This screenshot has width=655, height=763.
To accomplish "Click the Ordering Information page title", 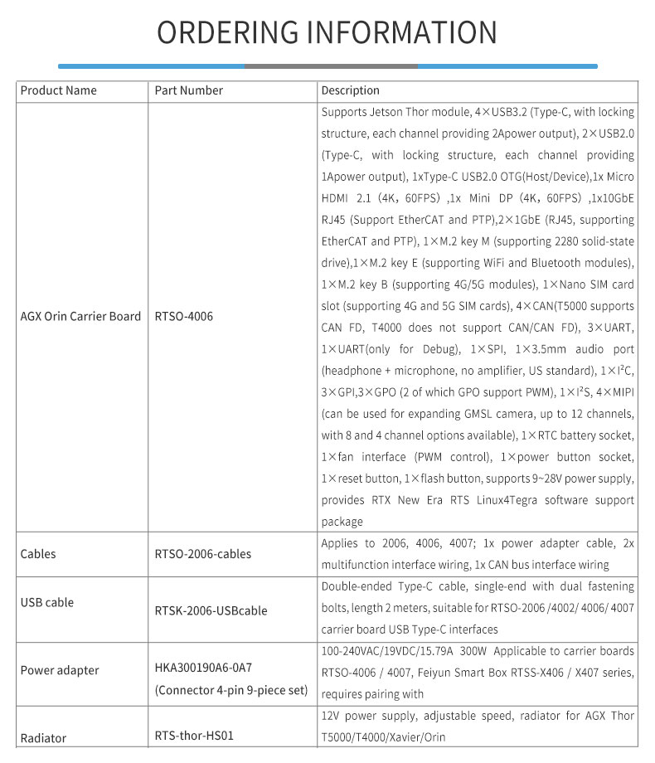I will [327, 32].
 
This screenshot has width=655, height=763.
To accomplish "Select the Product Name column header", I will [58, 90].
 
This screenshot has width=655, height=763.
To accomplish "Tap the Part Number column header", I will [188, 90].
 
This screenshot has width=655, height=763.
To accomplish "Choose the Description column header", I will [350, 90].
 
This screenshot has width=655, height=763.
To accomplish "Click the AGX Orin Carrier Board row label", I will [80, 316].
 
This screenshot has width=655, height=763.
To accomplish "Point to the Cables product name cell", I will [38, 553].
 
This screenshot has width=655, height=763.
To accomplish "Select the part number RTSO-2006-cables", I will [202, 553].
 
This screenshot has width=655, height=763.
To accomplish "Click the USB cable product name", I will [47, 602].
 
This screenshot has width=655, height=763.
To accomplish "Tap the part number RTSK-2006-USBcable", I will [211, 611].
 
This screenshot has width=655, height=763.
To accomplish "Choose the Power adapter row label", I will [59, 670].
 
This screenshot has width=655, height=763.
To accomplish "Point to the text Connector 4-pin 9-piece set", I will [230, 690].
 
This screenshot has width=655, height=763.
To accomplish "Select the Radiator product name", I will [43, 738].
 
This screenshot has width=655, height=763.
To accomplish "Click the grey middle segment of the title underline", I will [330, 66].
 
